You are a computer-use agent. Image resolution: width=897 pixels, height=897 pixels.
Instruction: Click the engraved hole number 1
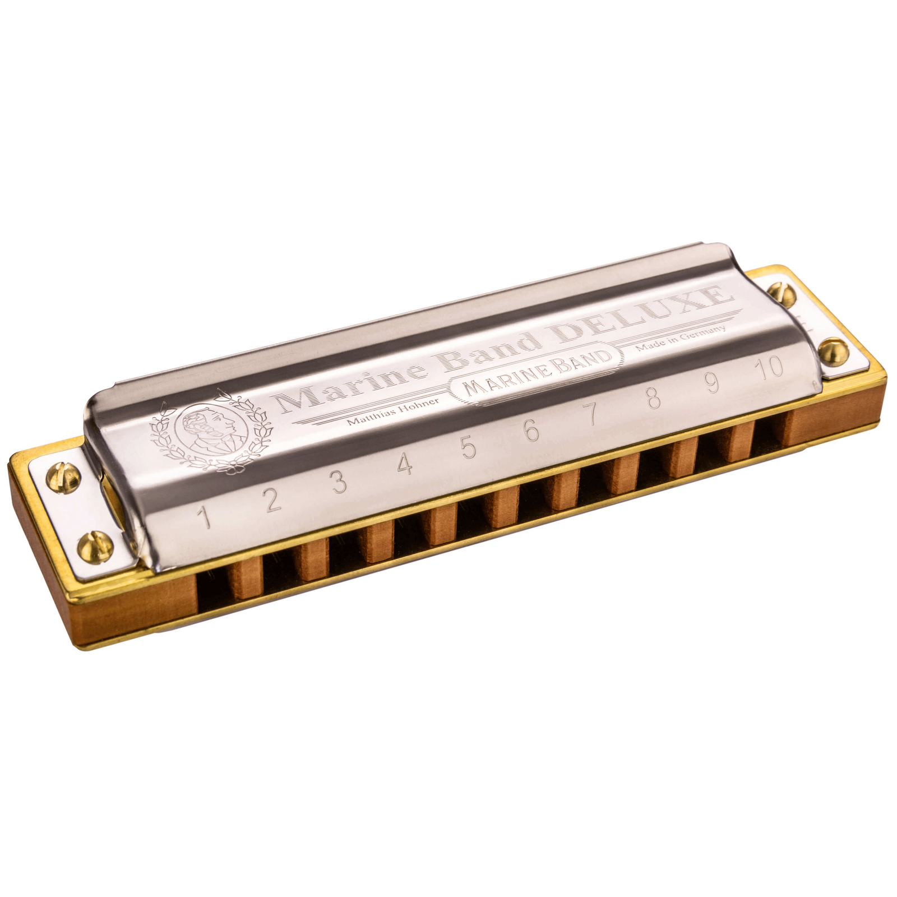pyautogui.click(x=206, y=517)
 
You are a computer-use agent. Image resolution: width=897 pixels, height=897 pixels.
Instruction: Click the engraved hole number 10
pyautogui.click(x=769, y=368)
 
